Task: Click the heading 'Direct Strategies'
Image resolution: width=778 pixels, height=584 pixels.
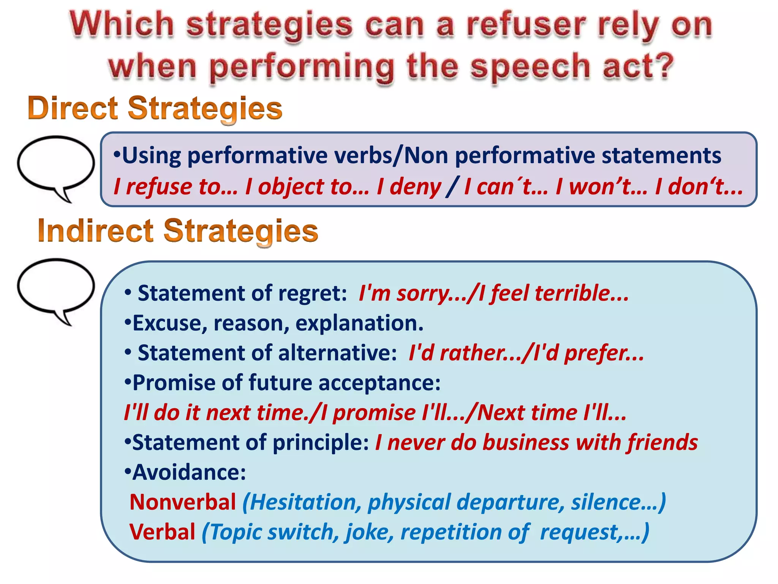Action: [x=155, y=108]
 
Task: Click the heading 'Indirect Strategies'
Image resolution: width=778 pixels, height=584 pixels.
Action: [x=178, y=231]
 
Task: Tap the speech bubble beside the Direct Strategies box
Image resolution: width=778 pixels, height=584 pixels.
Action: [x=55, y=164]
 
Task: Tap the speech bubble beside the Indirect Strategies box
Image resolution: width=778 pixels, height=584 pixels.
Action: [x=55, y=287]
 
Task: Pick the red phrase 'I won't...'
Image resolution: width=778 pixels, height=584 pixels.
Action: [x=601, y=187]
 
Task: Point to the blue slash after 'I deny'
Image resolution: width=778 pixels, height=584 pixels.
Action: [x=452, y=187]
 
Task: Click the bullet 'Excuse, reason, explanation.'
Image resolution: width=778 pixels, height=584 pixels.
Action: [x=274, y=323]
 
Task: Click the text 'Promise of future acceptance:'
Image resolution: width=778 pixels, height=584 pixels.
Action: [x=283, y=383]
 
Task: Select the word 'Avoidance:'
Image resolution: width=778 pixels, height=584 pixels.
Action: [x=186, y=472]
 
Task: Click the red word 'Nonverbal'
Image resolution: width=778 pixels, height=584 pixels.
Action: [x=183, y=502]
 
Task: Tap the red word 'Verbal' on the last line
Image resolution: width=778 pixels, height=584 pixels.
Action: [x=162, y=532]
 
